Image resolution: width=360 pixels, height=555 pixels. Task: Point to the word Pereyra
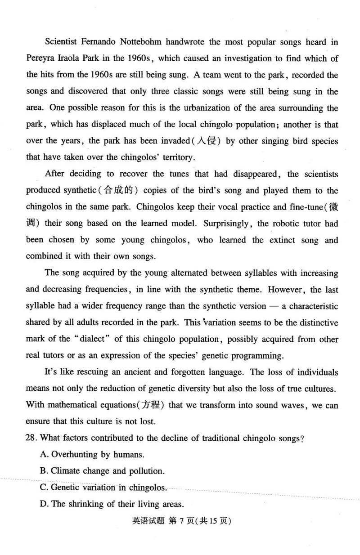point(41,59)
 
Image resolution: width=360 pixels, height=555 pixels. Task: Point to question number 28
point(31,438)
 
